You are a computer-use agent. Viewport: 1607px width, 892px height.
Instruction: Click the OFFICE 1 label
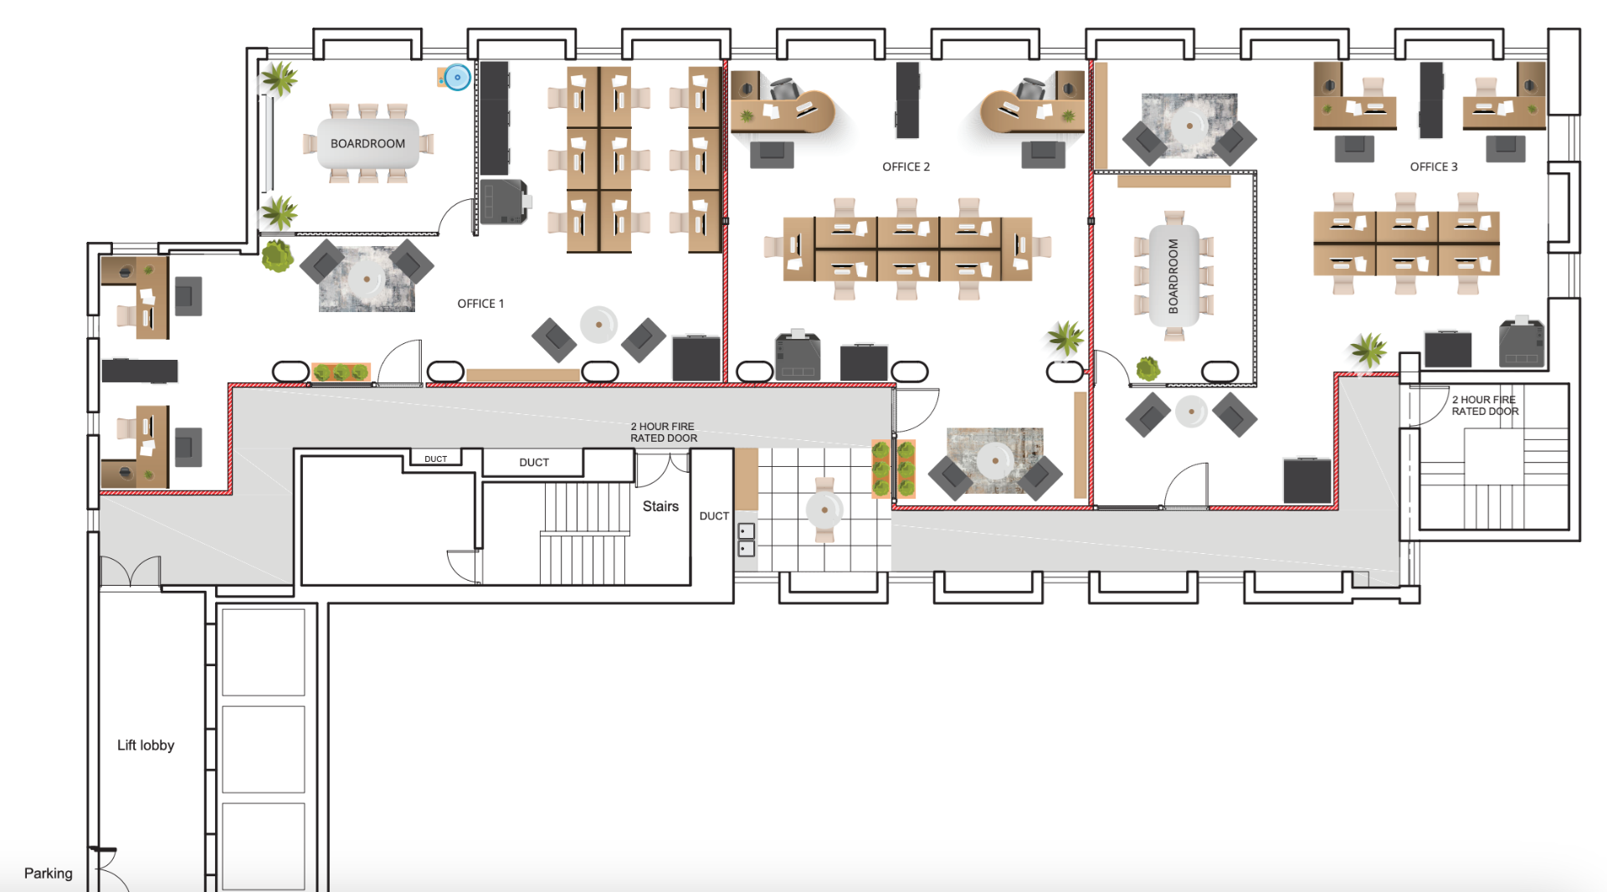click(x=480, y=304)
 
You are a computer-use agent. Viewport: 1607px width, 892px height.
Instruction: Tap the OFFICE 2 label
click(x=906, y=167)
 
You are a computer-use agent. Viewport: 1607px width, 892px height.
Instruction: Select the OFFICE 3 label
click(x=1433, y=167)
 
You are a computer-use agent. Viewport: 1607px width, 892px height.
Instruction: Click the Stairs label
click(x=660, y=506)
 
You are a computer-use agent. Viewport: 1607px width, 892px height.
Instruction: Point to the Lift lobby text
click(x=146, y=746)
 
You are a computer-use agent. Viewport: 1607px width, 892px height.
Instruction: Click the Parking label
click(x=48, y=874)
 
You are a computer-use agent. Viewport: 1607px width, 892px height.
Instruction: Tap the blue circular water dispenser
click(x=457, y=77)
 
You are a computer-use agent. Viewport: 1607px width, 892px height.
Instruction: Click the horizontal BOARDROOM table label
click(x=367, y=144)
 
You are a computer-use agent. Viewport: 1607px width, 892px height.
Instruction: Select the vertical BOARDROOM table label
click(x=1173, y=276)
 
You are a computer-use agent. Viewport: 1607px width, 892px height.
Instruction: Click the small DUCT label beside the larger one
click(x=435, y=459)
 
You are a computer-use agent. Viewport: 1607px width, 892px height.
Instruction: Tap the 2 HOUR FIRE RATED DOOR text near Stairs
click(x=664, y=432)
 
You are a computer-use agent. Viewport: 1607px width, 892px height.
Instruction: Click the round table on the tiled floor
click(x=824, y=510)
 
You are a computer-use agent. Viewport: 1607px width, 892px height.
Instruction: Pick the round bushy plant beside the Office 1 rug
click(x=277, y=256)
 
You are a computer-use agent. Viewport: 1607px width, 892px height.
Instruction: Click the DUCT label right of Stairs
click(x=714, y=516)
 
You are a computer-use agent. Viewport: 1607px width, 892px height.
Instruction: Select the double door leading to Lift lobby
click(x=131, y=572)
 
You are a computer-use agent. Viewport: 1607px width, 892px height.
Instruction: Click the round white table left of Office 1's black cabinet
click(x=598, y=325)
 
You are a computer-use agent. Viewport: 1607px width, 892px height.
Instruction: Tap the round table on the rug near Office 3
click(x=1189, y=126)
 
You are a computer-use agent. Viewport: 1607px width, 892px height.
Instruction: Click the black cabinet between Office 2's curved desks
click(x=907, y=100)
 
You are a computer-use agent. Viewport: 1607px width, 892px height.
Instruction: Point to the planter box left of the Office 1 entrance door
click(x=341, y=372)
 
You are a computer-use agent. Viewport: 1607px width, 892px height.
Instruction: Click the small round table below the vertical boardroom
click(x=1191, y=412)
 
